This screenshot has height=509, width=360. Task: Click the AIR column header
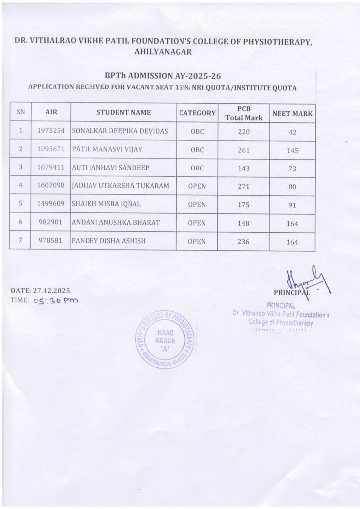pos(51,113)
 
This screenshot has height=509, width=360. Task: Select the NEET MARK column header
pos(292,114)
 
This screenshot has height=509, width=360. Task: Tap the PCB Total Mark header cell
pos(244,113)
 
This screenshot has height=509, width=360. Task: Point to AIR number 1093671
pos(51,149)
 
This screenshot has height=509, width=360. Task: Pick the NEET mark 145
pos(292,150)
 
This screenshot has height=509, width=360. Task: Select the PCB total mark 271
pos(244,186)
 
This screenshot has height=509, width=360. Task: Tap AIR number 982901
pos(51,223)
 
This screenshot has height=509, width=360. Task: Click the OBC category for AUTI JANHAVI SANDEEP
pos(197,168)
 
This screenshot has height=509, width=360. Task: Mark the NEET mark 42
pos(292,132)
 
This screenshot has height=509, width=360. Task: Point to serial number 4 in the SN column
pos(21,186)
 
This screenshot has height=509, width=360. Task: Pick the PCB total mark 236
pos(244,242)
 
